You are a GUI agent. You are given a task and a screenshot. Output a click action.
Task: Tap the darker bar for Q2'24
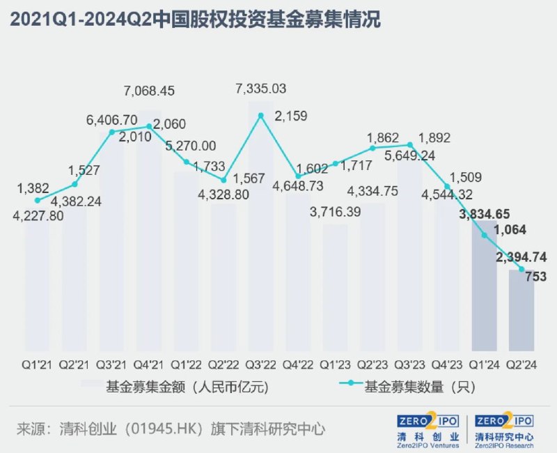521,310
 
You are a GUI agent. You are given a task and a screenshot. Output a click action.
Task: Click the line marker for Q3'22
260,115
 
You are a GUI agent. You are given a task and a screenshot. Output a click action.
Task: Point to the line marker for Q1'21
37,200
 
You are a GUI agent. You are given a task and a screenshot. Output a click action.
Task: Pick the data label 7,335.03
261,89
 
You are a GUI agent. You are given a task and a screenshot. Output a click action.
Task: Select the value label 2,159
292,116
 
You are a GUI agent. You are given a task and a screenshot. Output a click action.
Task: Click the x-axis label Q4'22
298,364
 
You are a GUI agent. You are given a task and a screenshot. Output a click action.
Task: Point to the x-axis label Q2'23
372,364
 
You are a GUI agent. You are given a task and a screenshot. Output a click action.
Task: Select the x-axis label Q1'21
37,364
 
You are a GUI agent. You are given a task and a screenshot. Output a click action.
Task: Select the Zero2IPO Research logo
504,431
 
